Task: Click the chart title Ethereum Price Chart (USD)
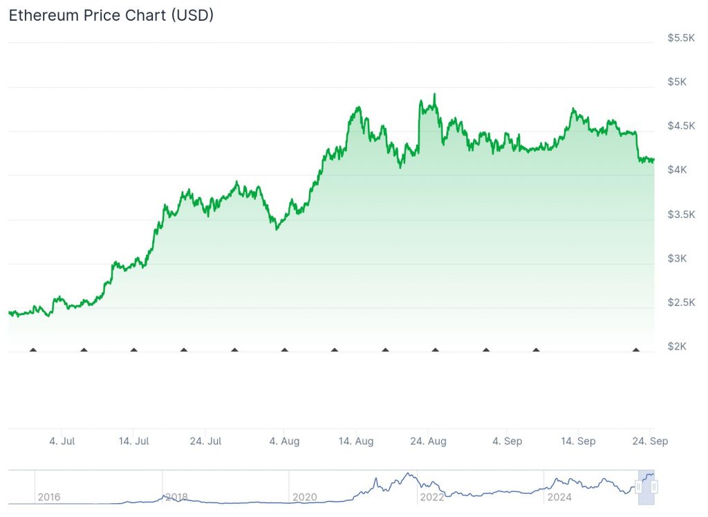(x=111, y=15)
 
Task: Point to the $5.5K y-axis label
(x=681, y=37)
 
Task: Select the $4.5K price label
(x=681, y=126)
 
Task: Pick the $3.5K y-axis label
(x=681, y=215)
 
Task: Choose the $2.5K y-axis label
(x=681, y=302)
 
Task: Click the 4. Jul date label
(x=62, y=441)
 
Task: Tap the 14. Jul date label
(x=133, y=441)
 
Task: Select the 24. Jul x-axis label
(x=205, y=441)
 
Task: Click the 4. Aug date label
(x=284, y=441)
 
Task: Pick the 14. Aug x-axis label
(x=355, y=441)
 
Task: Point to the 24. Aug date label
(x=428, y=441)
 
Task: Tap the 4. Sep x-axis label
(x=507, y=441)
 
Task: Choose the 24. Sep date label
(x=650, y=441)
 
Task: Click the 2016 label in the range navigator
(x=49, y=497)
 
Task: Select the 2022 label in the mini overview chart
(x=431, y=497)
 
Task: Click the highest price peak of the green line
(x=434, y=94)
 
